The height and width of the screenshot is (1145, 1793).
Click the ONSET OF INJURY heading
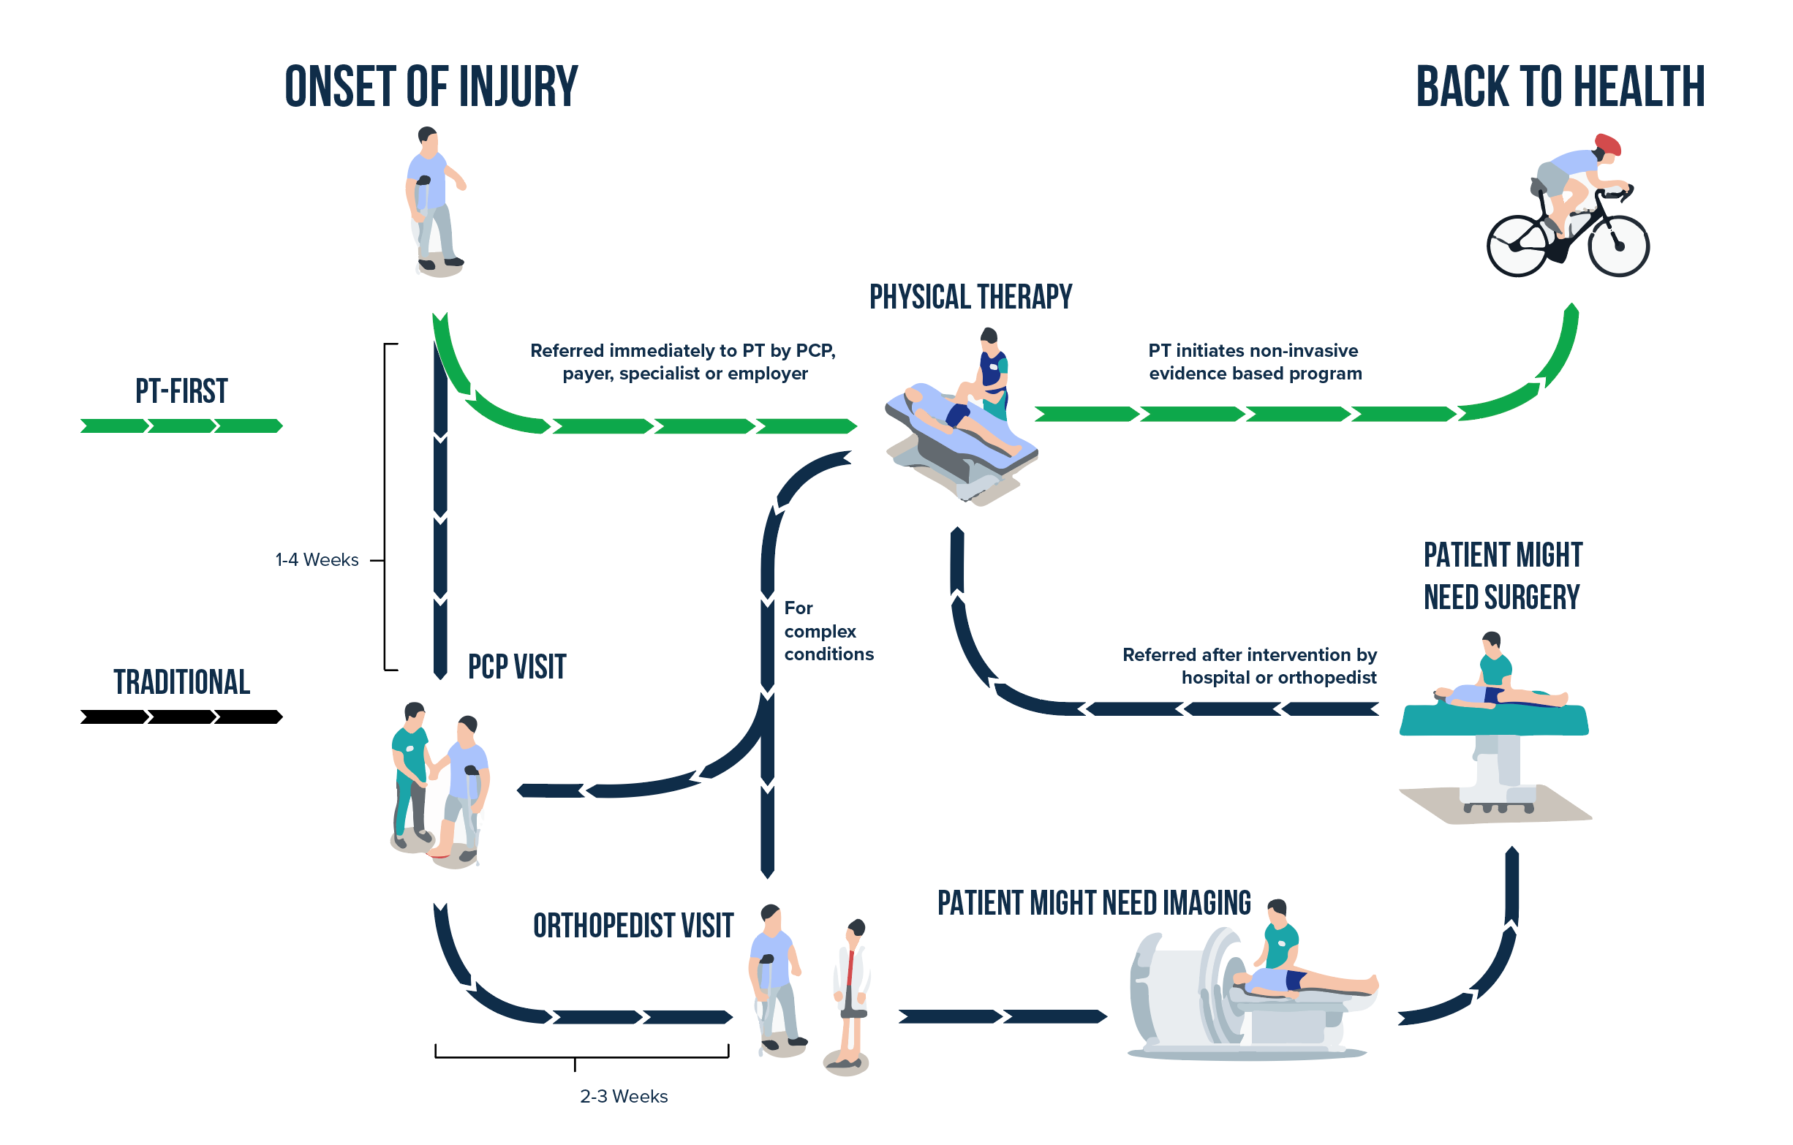coord(431,87)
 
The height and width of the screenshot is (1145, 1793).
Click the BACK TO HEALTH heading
coord(1559,87)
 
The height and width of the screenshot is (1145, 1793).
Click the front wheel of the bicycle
coord(1618,246)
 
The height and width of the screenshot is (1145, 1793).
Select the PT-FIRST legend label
coord(181,392)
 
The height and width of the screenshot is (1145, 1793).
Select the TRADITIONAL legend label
coord(181,682)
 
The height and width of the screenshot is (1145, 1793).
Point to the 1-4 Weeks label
coord(317,560)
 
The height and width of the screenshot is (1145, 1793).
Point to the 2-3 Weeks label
coord(623,1097)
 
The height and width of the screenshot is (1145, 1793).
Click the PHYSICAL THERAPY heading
coord(970,297)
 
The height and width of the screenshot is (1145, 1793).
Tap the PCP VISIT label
coord(517,667)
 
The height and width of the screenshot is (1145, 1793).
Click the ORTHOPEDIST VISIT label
coord(633,926)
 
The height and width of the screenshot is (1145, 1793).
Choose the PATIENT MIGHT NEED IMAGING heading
coord(1093,903)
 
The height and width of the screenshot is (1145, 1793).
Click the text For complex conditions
coord(827,631)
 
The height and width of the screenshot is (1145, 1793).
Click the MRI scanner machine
coord(1191,990)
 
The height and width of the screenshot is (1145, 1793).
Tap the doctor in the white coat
coord(852,990)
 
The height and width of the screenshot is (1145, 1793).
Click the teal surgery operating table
coord(1494,721)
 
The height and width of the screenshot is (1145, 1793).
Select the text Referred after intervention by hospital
coord(1249,665)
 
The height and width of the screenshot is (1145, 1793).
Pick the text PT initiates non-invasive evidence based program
coord(1255,362)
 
